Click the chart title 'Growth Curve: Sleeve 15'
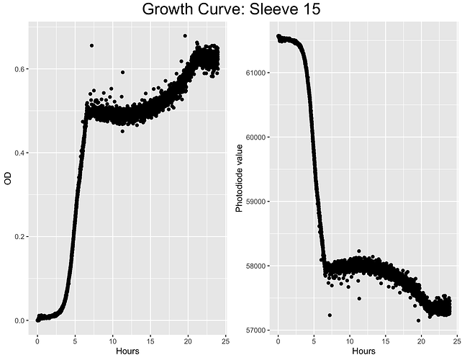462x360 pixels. coord(230,10)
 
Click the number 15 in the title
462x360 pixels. coord(307,10)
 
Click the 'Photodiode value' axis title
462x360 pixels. coord(240,178)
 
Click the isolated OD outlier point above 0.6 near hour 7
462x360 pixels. coord(91,45)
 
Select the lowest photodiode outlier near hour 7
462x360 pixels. coord(330,315)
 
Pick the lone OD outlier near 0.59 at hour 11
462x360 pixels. coord(123,72)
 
